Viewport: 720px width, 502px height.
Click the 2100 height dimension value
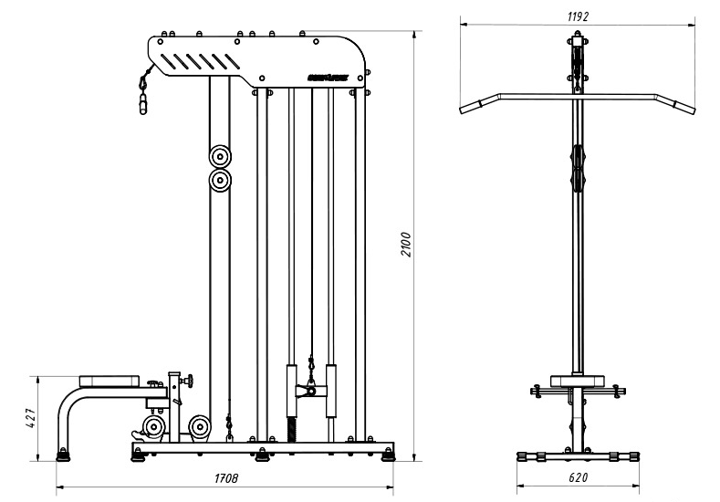tap(408, 244)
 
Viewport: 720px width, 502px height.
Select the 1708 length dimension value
tap(227, 478)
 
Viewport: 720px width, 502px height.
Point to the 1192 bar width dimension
tap(577, 16)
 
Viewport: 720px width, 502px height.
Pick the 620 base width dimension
tap(577, 477)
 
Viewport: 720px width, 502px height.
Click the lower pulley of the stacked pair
tap(219, 181)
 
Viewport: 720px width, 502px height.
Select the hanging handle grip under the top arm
tap(142, 103)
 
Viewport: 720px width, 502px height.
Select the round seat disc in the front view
tap(577, 380)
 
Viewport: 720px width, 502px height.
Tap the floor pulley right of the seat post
tap(200, 426)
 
